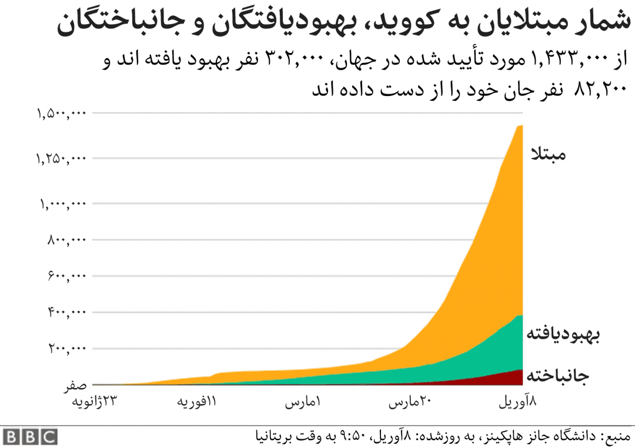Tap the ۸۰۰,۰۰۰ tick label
coord(66,240)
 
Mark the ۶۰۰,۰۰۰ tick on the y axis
coord(66,276)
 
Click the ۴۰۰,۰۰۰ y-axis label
coord(66,312)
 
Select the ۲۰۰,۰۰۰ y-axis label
coord(66,349)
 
